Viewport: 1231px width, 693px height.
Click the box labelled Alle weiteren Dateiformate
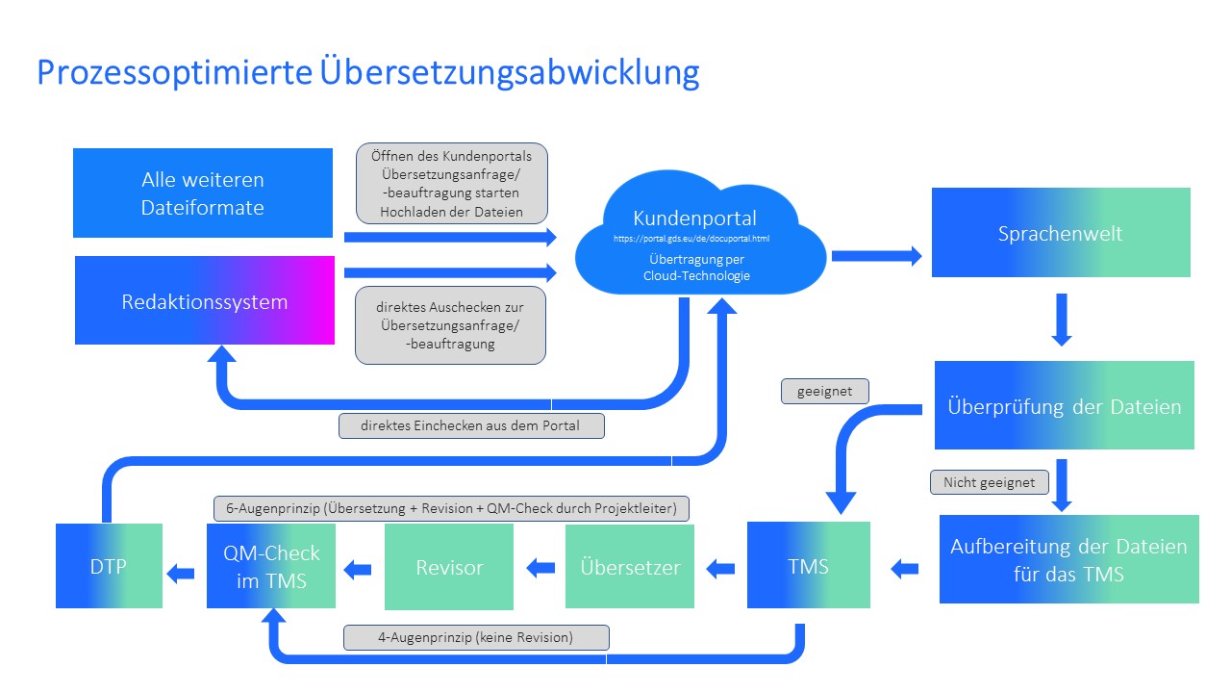(203, 193)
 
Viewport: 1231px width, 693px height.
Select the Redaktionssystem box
(205, 300)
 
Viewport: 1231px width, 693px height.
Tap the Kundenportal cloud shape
(700, 234)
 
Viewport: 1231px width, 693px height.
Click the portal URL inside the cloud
(691, 239)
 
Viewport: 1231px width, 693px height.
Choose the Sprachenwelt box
(1061, 232)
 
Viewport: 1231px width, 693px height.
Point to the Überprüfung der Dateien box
(1065, 405)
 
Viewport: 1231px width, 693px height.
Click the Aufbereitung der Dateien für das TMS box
(1069, 559)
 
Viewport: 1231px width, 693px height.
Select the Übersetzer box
(630, 567)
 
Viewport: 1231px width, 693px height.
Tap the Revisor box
(449, 567)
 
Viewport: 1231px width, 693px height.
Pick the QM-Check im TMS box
(271, 566)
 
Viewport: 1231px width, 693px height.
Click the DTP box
(109, 566)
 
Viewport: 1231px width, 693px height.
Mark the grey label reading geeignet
(825, 391)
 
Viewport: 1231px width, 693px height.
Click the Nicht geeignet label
(990, 482)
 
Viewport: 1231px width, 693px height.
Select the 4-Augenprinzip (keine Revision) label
(476, 637)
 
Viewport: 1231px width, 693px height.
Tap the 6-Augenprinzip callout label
(451, 508)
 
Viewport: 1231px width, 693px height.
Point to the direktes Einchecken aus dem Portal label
(471, 425)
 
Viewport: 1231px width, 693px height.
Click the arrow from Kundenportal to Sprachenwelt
(877, 256)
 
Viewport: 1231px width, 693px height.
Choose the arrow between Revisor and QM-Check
(358, 569)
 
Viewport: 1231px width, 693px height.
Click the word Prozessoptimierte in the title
(175, 72)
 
